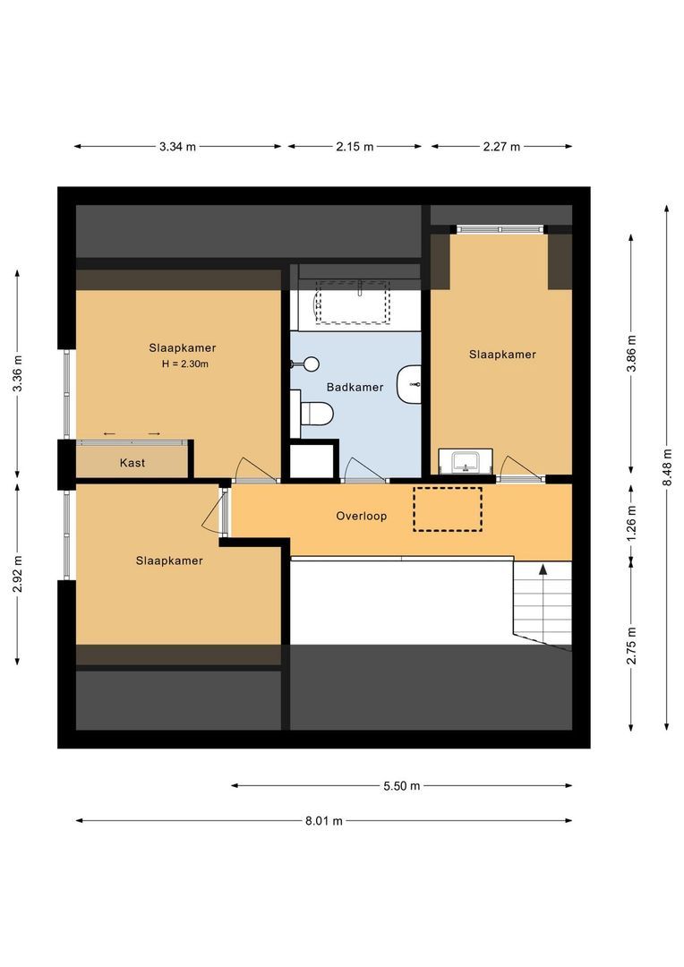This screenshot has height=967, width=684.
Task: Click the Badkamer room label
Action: pyautogui.click(x=355, y=388)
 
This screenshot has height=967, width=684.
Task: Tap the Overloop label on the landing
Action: pyautogui.click(x=362, y=516)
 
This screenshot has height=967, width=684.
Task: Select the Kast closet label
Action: pyautogui.click(x=133, y=463)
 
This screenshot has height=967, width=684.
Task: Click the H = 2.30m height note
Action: pyautogui.click(x=184, y=364)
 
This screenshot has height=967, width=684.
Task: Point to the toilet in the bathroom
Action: pyautogui.click(x=316, y=414)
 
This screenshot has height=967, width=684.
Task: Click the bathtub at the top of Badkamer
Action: pyautogui.click(x=355, y=304)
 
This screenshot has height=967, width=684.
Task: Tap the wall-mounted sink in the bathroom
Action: pyautogui.click(x=410, y=383)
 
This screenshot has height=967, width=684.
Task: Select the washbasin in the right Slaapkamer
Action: pyautogui.click(x=466, y=462)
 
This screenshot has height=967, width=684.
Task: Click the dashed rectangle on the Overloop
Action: pyautogui.click(x=447, y=509)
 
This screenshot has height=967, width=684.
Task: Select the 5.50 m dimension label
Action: pyautogui.click(x=401, y=786)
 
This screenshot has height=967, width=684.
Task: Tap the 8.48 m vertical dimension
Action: pyautogui.click(x=666, y=466)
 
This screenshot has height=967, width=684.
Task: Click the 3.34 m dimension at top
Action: pyautogui.click(x=177, y=147)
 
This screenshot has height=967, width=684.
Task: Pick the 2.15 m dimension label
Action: pyautogui.click(x=355, y=147)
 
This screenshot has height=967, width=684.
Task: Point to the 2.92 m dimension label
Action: pyautogui.click(x=18, y=573)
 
